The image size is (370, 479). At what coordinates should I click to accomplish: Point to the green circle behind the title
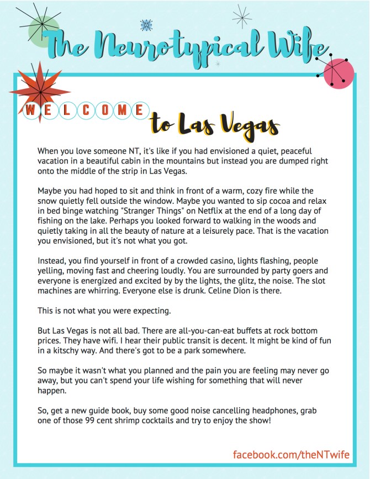tap(44, 30)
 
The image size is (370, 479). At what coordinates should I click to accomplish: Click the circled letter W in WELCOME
tap(31, 109)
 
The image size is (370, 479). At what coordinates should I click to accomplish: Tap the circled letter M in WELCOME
tap(121, 109)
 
